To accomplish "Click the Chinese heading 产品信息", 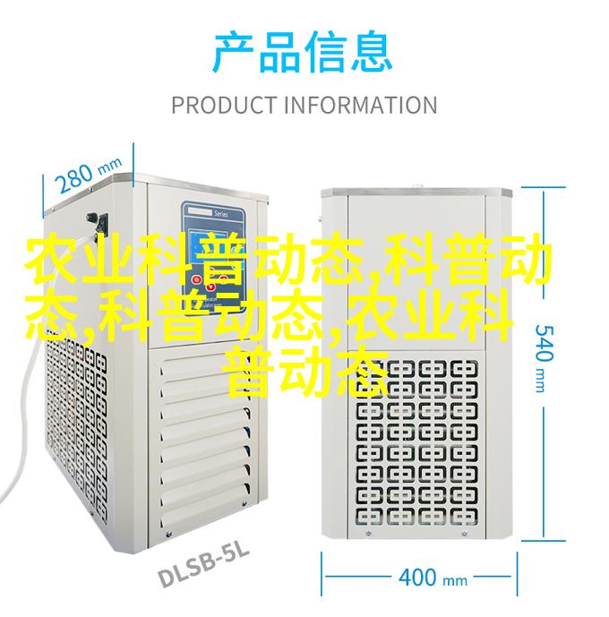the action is click(303, 53).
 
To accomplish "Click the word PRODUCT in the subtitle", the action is click(224, 105).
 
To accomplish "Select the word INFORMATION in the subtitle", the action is click(360, 105).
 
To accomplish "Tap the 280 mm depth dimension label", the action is click(89, 176).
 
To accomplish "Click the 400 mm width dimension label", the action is click(433, 578).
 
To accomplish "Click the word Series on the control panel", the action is click(220, 214).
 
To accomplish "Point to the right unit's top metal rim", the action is click(416, 193).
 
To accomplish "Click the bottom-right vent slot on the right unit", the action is click(464, 517).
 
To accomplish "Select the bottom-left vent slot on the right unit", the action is click(370, 517).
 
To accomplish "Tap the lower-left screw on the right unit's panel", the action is click(369, 534).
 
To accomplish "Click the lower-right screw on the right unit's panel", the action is click(465, 534).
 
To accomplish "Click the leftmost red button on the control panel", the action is click(196, 280).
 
